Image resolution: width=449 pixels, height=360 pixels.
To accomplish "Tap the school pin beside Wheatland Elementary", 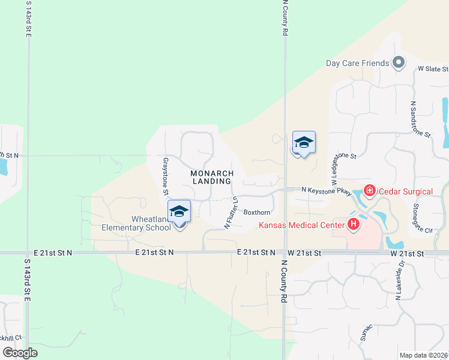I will click(179, 211).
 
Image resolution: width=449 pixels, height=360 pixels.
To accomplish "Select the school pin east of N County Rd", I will click(304, 143).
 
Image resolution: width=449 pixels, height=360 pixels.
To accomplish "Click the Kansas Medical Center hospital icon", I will click(354, 225).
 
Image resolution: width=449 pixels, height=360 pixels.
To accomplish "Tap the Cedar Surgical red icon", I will click(369, 191).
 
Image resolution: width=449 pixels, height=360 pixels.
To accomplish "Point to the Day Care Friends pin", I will click(398, 62).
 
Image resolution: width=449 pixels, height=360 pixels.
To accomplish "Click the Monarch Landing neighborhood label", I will click(211, 177).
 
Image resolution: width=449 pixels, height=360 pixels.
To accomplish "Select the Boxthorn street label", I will click(256, 212).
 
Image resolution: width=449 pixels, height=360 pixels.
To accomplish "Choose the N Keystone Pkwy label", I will click(326, 190).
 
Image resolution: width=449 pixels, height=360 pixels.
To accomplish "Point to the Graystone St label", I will click(164, 176).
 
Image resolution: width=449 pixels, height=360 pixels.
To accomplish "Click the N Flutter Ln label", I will click(232, 212).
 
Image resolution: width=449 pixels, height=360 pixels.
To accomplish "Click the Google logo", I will click(20, 352).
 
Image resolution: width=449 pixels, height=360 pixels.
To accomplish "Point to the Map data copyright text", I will click(423, 355).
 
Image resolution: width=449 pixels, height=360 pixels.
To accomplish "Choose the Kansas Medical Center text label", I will click(301, 226).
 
